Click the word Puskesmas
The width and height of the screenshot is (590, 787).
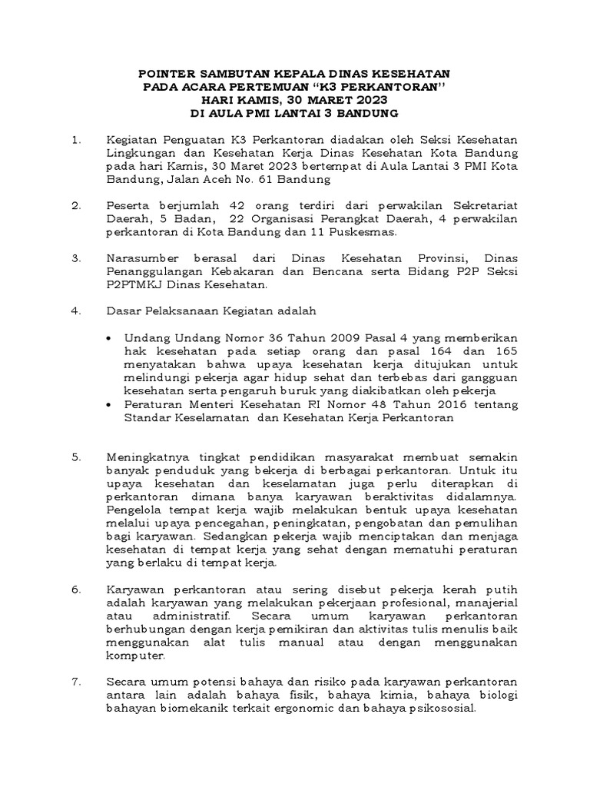[366, 231]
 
